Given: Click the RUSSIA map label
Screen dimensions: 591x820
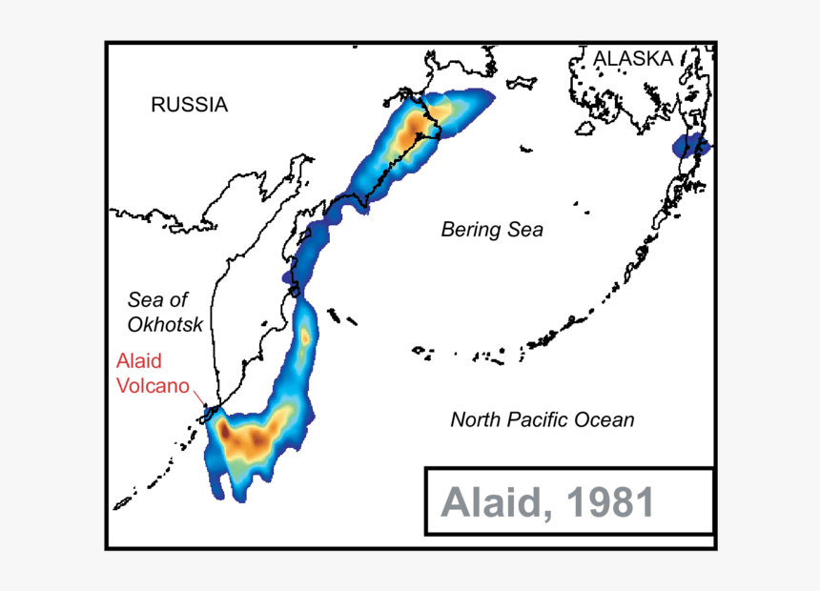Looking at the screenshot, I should [189, 105].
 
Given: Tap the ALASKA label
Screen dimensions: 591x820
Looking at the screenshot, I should [633, 59].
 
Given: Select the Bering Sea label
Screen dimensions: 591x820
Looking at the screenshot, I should [491, 230].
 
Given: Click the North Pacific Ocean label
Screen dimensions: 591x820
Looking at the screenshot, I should [542, 419].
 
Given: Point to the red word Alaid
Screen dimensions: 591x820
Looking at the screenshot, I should [138, 361].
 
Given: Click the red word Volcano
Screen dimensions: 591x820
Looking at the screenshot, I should [153, 386].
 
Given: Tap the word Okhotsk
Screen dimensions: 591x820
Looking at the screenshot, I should [165, 324].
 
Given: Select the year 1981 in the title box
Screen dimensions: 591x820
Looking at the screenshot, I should [609, 501].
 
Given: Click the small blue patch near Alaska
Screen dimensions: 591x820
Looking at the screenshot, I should [690, 147].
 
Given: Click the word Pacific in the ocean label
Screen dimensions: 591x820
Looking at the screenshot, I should [543, 419].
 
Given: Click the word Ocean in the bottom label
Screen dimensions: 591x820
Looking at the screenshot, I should [605, 419].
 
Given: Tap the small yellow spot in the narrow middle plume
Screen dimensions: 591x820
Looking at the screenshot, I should [304, 336].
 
